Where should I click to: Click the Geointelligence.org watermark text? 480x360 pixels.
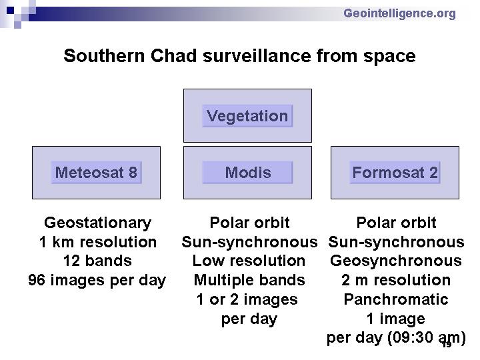coord(399,14)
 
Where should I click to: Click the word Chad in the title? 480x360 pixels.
coord(173,56)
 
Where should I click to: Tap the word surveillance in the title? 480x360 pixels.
coord(257,56)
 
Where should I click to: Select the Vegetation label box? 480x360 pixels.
coord(247,116)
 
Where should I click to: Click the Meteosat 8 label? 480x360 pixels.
coord(96,173)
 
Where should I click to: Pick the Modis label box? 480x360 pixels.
coord(247,173)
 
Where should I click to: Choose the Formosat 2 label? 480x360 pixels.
coord(395,173)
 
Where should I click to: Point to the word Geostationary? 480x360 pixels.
coord(97,223)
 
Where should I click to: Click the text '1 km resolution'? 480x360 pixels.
coord(97,242)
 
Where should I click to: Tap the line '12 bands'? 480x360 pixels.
coord(97,261)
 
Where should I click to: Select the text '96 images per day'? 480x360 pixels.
coord(97,281)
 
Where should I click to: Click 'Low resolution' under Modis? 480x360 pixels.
coord(249,261)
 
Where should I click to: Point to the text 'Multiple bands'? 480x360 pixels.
coord(249,280)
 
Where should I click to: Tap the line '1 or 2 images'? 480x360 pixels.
coord(247,299)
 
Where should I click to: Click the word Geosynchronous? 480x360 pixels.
coord(396,261)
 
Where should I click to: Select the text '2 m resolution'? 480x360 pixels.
coord(396,280)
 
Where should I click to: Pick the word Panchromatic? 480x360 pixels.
coord(396,299)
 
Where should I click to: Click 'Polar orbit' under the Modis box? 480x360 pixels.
coord(249,223)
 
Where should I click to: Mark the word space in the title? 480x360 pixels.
coord(389,57)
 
